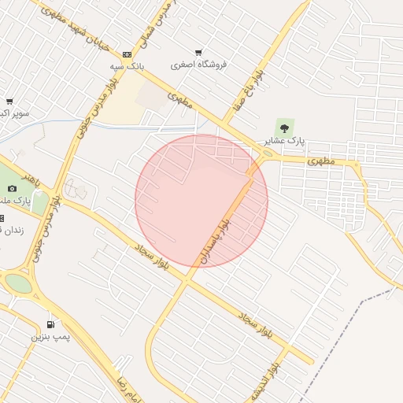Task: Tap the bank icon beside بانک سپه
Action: (x=127, y=54)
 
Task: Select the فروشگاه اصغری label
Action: (x=198, y=65)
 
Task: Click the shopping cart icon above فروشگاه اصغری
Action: (x=198, y=52)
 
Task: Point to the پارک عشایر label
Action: (x=283, y=141)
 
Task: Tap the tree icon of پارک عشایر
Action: (x=284, y=127)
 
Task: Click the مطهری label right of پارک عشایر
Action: (x=321, y=160)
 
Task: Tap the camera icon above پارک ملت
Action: (x=12, y=188)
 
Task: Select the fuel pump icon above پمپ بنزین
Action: (x=50, y=324)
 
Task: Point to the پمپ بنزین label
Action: (x=50, y=337)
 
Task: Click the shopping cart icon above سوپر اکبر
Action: (x=9, y=102)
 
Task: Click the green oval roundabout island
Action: (x=18, y=283)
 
